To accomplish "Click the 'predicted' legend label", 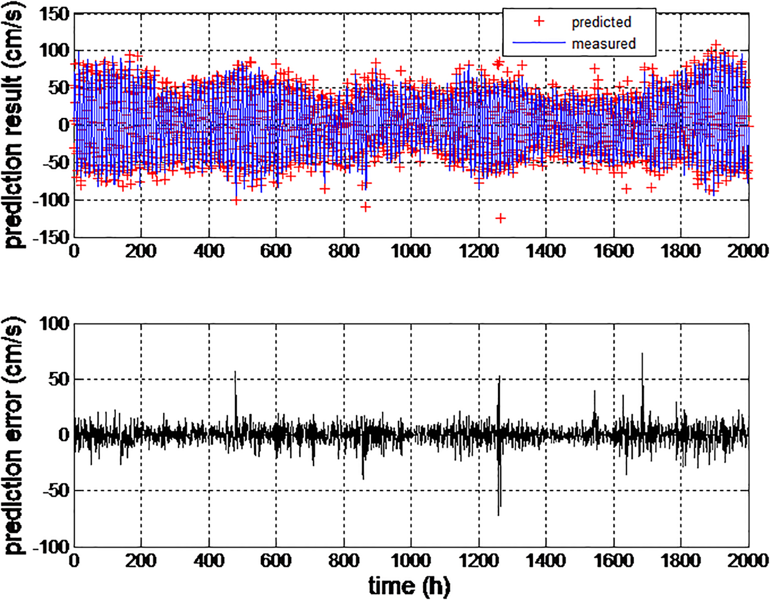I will coord(601,22).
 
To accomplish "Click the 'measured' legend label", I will coord(603,44).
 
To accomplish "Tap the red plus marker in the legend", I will coord(539,22).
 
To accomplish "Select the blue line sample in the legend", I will coord(539,43).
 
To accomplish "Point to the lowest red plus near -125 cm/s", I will coord(500,218).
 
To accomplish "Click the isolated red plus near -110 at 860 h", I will coord(365,207).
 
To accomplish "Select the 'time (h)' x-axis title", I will coord(409,585).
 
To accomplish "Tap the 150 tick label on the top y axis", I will coord(54,14).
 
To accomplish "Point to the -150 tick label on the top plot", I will coord(50,237).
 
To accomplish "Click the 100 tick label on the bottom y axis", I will coord(54,324).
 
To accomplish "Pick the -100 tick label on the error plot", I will coord(50,546).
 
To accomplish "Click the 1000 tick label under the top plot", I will coord(411,251).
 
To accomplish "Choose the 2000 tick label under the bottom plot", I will coord(748,560).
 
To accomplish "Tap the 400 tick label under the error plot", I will coord(209,560).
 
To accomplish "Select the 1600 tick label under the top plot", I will coord(613,251).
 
